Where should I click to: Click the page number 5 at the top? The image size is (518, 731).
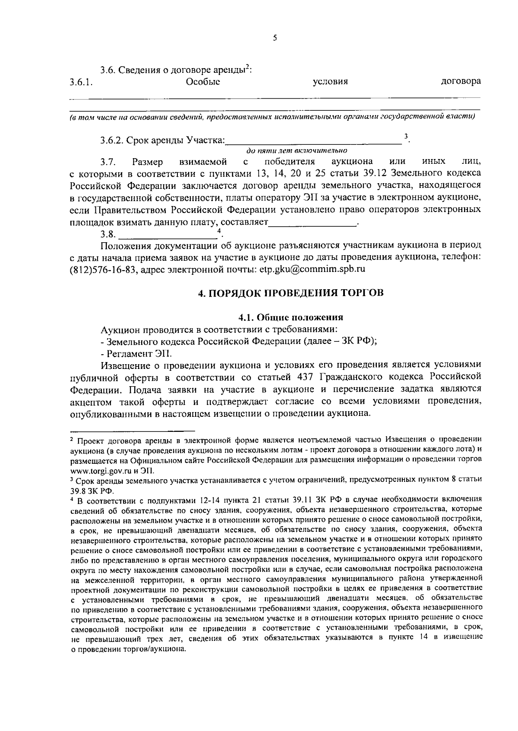(275, 37)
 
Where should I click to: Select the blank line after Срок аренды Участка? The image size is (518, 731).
(314, 141)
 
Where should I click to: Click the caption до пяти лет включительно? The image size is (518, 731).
(297, 151)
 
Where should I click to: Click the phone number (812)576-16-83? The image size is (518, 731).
(103, 269)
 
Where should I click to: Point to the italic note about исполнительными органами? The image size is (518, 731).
(272, 117)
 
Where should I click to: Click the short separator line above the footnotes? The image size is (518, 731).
(133, 430)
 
